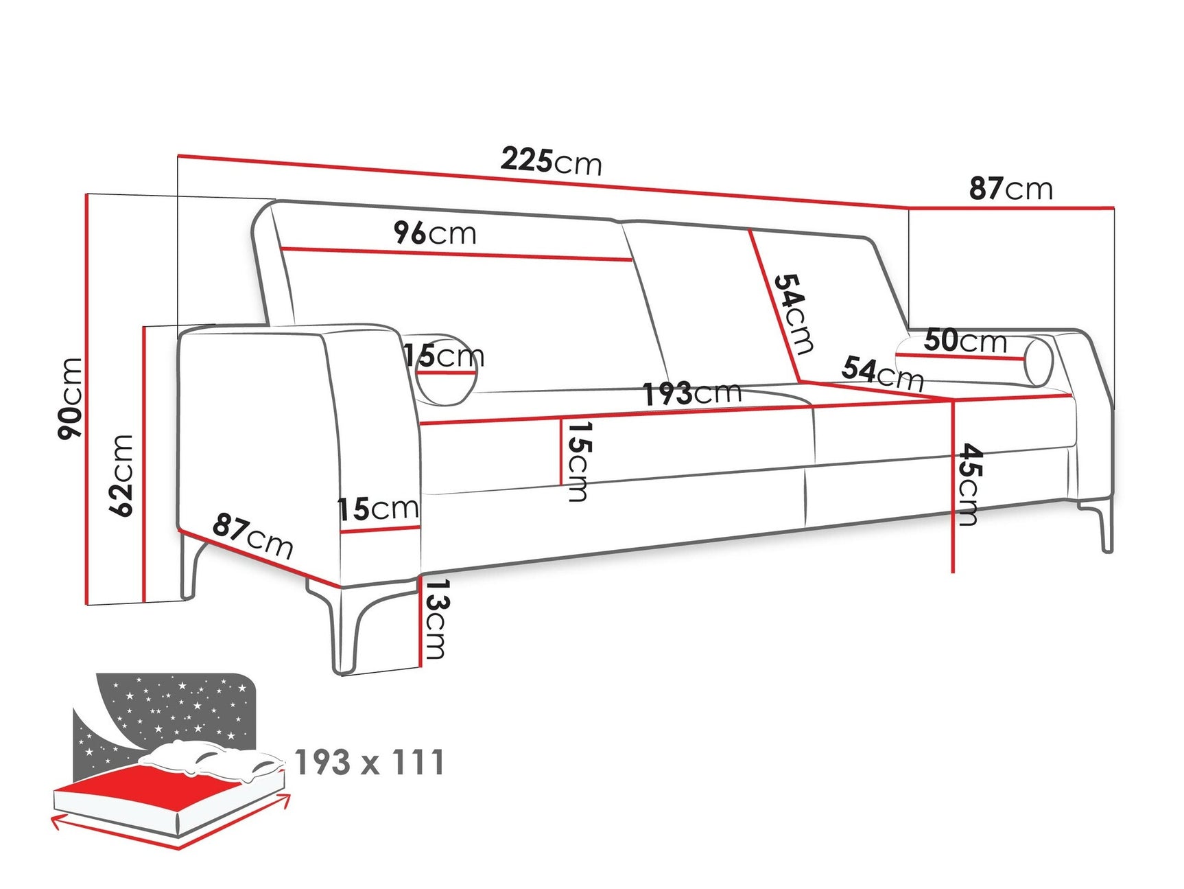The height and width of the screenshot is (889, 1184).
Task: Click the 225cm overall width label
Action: tap(551, 161)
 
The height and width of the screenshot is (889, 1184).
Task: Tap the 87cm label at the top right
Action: tap(1010, 188)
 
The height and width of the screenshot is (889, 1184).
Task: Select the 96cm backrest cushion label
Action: tap(435, 233)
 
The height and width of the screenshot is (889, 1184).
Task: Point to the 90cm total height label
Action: tap(71, 398)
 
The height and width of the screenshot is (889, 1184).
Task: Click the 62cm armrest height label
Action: tap(121, 475)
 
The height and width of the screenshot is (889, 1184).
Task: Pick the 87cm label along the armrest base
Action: tap(252, 535)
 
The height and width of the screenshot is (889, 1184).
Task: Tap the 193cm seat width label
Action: tap(692, 393)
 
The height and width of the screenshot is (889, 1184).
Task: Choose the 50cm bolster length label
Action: tap(965, 340)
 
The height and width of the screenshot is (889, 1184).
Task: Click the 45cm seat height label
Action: tap(969, 485)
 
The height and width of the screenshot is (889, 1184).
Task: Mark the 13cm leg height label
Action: tap(436, 619)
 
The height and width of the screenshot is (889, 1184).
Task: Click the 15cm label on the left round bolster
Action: tap(443, 356)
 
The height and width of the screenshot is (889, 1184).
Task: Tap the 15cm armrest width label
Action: tap(378, 509)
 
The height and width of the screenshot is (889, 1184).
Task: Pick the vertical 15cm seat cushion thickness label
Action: tap(578, 461)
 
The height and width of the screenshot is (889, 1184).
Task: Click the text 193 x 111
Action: tap(370, 763)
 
